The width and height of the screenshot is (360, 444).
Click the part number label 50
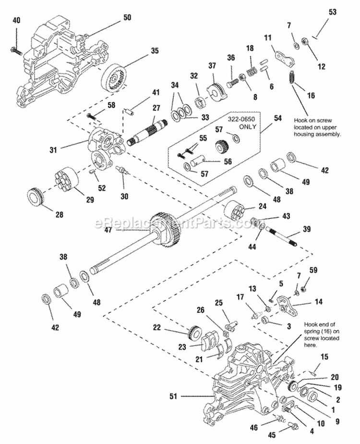127,17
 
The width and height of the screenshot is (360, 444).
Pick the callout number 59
313,270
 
